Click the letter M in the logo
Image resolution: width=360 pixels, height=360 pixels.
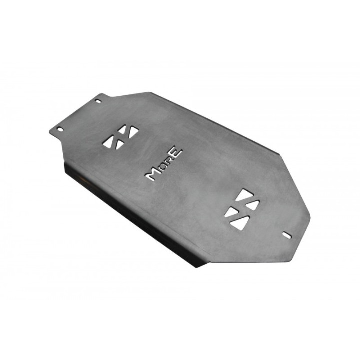click(x=153, y=174)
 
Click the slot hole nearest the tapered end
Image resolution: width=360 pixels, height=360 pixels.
click(x=287, y=235)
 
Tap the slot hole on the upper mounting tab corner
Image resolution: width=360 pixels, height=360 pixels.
click(x=98, y=101)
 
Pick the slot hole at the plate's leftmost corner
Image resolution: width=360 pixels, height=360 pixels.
click(x=60, y=129)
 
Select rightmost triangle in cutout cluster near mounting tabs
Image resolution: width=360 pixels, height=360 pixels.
click(x=134, y=132)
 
